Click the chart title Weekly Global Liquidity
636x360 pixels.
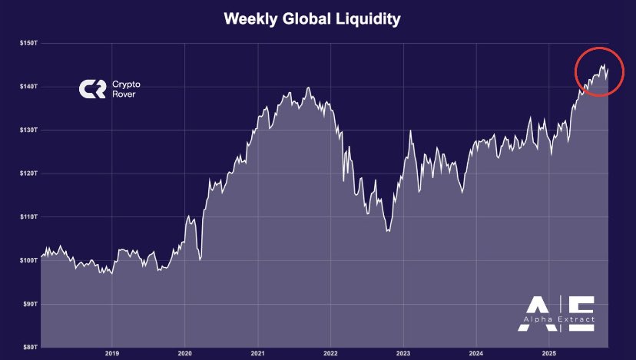(312, 19)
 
